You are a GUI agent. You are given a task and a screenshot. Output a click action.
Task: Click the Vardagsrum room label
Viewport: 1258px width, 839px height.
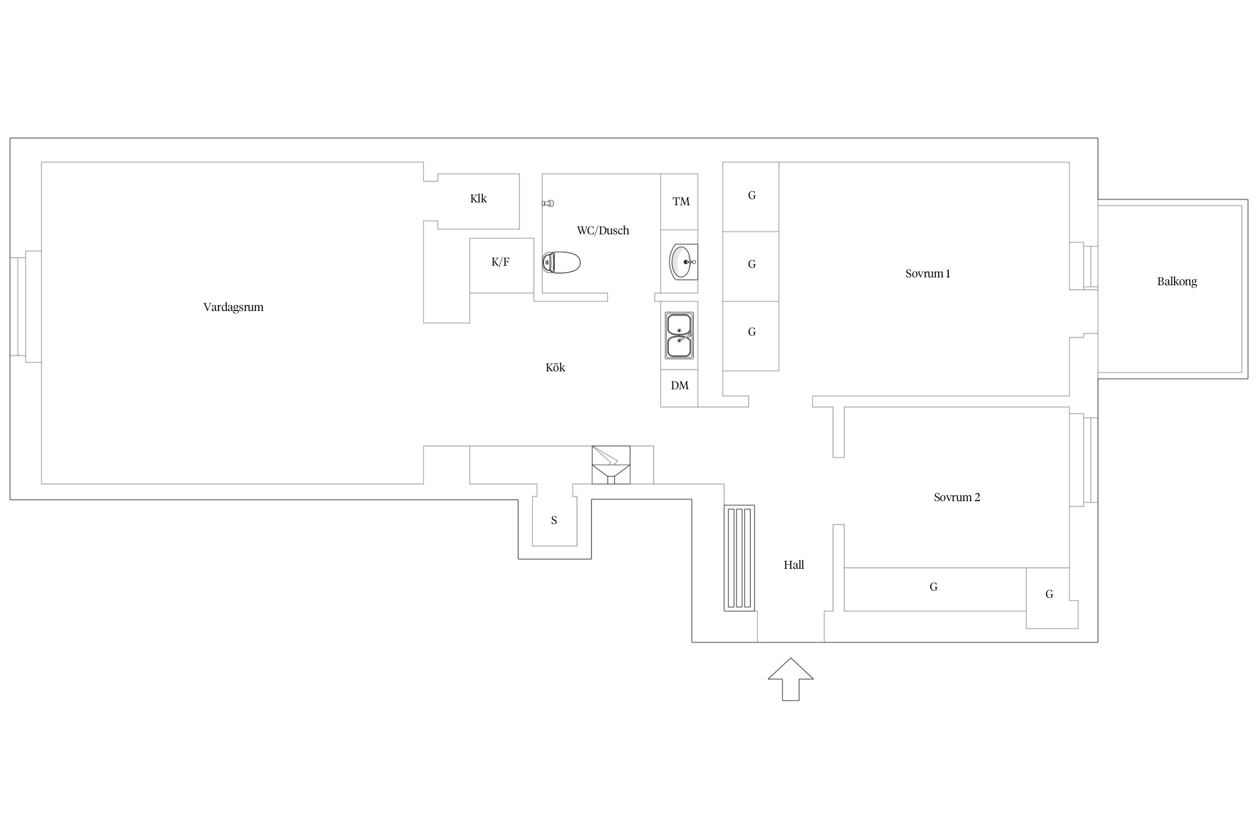pyautogui.click(x=233, y=308)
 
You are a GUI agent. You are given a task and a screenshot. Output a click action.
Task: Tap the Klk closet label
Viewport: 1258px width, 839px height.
pyautogui.click(x=479, y=199)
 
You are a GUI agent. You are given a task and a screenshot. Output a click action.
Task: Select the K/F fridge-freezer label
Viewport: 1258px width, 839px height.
pyautogui.click(x=500, y=262)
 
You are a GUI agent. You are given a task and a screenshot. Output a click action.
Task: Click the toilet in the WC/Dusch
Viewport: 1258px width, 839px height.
pyautogui.click(x=561, y=262)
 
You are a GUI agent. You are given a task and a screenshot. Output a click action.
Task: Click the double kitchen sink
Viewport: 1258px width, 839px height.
pyautogui.click(x=679, y=336)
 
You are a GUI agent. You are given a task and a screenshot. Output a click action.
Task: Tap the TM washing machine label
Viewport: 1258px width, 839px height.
pyautogui.click(x=681, y=202)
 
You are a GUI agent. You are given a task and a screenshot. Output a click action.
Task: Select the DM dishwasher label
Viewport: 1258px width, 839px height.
pyautogui.click(x=680, y=385)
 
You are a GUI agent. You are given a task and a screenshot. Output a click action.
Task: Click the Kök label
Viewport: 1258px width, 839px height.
pyautogui.click(x=555, y=367)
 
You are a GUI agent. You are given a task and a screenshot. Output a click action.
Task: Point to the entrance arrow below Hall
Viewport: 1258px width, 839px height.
pyautogui.click(x=791, y=680)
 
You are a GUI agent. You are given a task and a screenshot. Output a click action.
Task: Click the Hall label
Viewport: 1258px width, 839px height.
pyautogui.click(x=794, y=565)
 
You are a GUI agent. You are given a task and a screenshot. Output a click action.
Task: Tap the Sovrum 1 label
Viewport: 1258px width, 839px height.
pyautogui.click(x=928, y=274)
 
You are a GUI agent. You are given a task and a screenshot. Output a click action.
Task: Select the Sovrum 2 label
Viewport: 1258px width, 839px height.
pyautogui.click(x=957, y=497)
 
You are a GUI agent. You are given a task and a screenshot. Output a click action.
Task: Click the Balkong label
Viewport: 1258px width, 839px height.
pyautogui.click(x=1177, y=281)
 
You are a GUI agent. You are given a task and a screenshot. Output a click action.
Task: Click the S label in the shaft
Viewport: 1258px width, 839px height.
pyautogui.click(x=554, y=520)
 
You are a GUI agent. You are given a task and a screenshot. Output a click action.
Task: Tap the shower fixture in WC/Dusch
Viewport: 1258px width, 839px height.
pyautogui.click(x=548, y=204)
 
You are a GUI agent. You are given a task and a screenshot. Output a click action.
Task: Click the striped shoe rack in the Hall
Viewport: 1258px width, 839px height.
pyautogui.click(x=739, y=558)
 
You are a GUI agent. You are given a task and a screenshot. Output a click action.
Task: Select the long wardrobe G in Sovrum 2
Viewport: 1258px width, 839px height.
pyautogui.click(x=935, y=590)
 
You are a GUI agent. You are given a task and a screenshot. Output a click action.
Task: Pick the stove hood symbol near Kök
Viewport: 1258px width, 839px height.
pyautogui.click(x=611, y=465)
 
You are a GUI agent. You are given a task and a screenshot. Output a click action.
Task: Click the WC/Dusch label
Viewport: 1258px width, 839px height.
pyautogui.click(x=603, y=230)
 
